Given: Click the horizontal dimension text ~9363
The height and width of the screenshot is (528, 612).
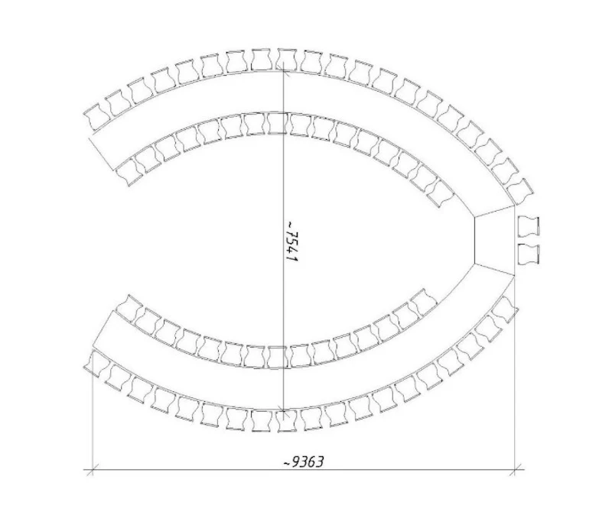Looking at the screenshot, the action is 304,462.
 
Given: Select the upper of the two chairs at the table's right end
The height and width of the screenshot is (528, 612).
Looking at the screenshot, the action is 529,227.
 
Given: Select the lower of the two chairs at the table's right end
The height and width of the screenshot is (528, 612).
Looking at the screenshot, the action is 529,254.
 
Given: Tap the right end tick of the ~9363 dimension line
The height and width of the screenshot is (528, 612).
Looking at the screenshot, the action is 515,469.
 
